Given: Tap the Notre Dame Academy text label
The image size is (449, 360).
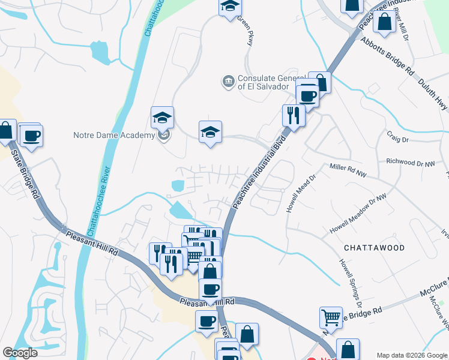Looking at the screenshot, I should (114, 135).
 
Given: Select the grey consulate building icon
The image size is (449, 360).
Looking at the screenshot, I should (228, 81).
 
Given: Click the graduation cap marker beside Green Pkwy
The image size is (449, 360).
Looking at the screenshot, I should (229, 8).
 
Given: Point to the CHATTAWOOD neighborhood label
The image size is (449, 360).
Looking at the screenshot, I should (375, 247).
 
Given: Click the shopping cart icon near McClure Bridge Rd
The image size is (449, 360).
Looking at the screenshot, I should (331, 317).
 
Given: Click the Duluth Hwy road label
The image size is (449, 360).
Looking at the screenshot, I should (433, 95).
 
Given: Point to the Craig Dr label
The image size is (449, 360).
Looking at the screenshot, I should (397, 139).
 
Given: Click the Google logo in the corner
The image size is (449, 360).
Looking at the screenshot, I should (20, 352).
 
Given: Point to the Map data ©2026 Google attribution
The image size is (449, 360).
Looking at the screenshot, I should (412, 355).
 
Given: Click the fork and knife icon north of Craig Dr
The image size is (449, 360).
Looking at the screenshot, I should (294, 115).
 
